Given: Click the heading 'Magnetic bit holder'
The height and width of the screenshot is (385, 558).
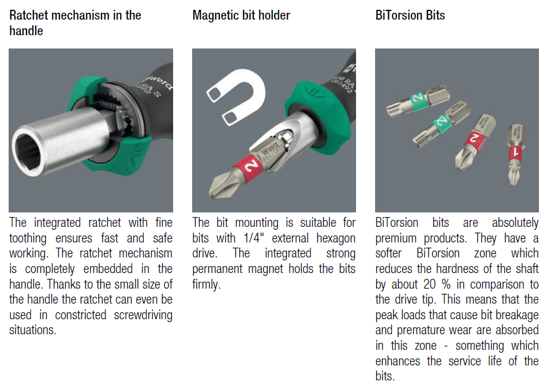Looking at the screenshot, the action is pyautogui.click(x=241, y=16).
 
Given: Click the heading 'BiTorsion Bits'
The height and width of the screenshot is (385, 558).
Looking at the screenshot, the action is pyautogui.click(x=410, y=16).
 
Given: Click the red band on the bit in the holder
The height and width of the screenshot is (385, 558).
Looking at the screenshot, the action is pyautogui.click(x=248, y=166).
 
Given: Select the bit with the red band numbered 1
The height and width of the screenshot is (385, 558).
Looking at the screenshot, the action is pyautogui.click(x=515, y=154).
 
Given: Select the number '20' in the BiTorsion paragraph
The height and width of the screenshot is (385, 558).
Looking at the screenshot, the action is pyautogui.click(x=429, y=285).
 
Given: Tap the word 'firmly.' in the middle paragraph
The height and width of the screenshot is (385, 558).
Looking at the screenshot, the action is pyautogui.click(x=207, y=285).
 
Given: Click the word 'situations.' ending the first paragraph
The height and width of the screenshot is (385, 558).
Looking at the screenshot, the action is pyautogui.click(x=33, y=330).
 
